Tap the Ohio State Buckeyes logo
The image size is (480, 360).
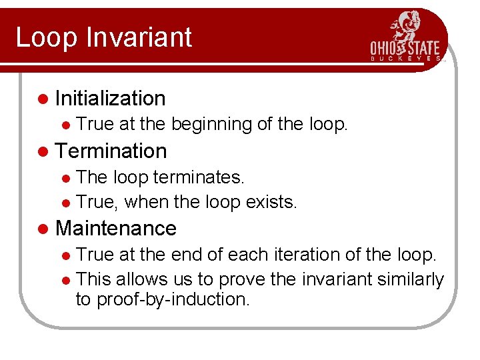[406, 38]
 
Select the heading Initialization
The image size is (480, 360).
[111, 99]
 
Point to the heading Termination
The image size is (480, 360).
[111, 151]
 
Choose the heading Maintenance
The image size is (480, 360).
[116, 228]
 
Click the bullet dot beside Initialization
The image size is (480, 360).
[43, 99]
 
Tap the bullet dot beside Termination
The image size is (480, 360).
[43, 151]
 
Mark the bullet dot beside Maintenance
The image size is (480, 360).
[43, 229]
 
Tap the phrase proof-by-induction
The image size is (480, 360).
[173, 299]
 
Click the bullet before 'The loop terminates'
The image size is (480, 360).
[66, 177]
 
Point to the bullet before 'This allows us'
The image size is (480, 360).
[66, 280]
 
